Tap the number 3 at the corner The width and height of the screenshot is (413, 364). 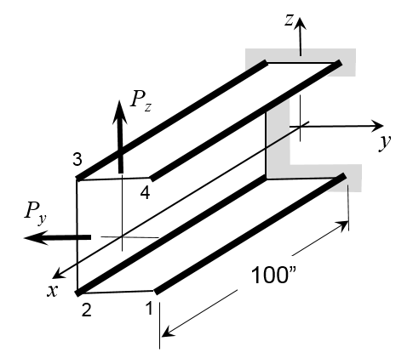point(77,159)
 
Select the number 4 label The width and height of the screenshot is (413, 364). point(145,193)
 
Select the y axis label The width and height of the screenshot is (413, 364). point(385,141)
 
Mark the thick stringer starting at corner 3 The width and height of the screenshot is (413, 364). point(170,120)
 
